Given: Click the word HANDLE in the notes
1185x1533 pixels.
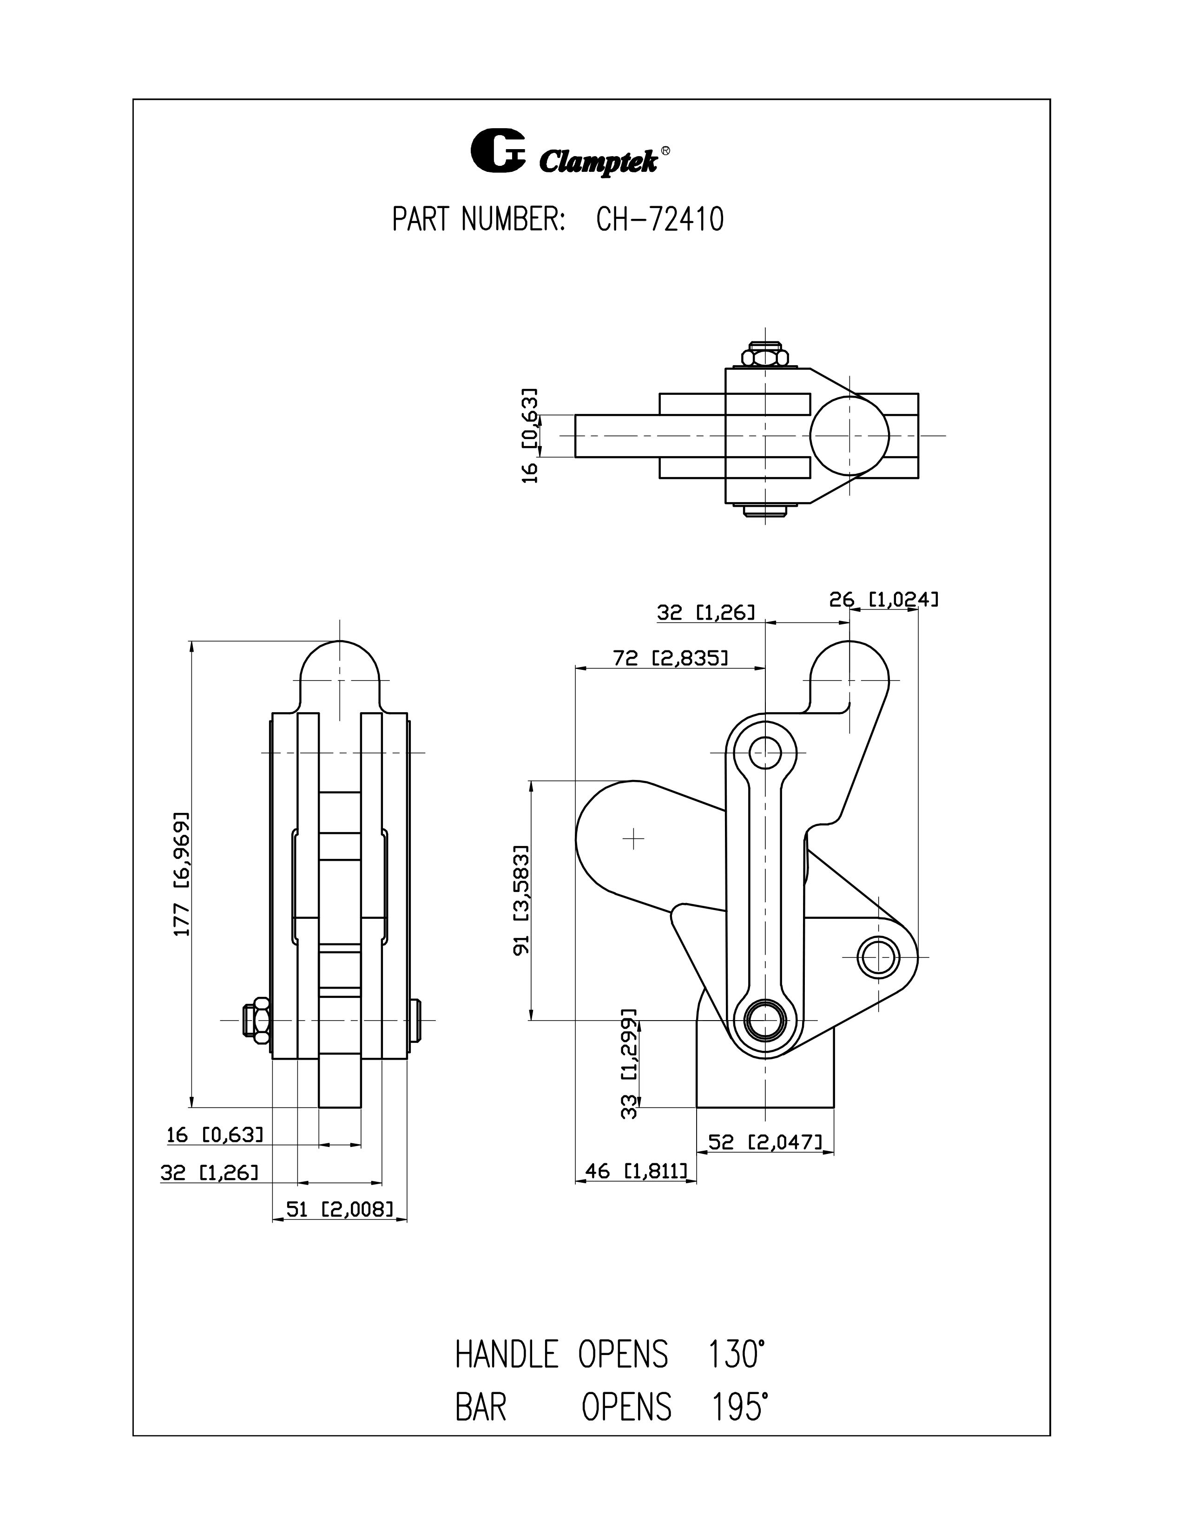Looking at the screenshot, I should (506, 1355).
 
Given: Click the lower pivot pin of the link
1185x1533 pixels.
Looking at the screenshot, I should (764, 1020).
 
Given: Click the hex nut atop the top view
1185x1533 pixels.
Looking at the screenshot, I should (764, 357).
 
